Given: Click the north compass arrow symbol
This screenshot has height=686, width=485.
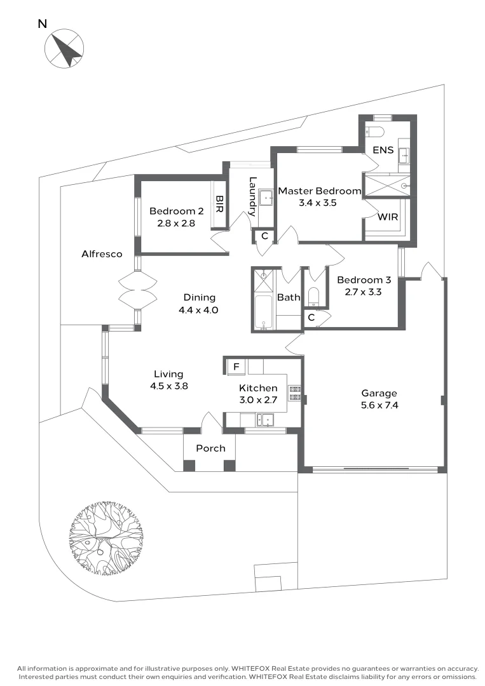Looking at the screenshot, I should click(x=64, y=49).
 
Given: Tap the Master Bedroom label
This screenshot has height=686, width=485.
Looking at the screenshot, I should click(x=319, y=191).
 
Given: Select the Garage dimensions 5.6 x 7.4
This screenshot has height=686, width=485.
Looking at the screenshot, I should click(x=379, y=405).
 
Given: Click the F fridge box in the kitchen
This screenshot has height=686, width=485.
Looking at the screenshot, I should click(x=236, y=367).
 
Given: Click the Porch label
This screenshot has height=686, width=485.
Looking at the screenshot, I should click(x=210, y=448).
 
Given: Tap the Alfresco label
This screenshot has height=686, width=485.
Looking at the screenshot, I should click(x=102, y=254).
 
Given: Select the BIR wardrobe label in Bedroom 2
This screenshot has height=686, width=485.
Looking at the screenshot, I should click(x=220, y=204).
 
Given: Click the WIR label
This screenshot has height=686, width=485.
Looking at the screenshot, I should click(x=388, y=217).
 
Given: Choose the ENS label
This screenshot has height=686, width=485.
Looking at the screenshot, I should click(x=383, y=151).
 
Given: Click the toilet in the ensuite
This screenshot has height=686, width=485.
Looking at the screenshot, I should click(x=375, y=132).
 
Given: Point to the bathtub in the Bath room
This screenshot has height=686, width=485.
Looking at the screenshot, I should click(x=263, y=313).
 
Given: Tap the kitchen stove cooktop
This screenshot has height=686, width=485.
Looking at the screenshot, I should click(x=294, y=393).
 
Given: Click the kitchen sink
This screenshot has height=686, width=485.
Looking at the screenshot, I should click(x=264, y=419).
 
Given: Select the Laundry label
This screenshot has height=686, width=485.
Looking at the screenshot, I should click(x=252, y=196).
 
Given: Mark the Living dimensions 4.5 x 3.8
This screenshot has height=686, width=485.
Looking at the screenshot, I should click(x=168, y=386).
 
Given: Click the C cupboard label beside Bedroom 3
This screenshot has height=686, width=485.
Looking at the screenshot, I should click(x=311, y=317).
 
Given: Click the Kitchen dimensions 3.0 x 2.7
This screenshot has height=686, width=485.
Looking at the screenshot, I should click(x=257, y=400).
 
